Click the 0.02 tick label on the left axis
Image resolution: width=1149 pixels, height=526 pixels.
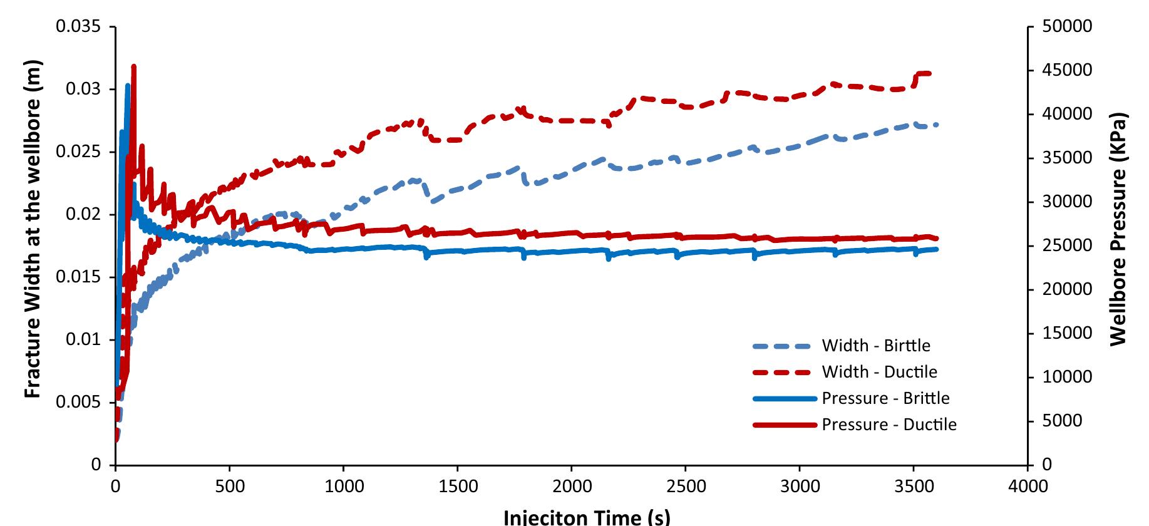coord(83,215)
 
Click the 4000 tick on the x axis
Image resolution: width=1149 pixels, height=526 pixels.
coord(1028,487)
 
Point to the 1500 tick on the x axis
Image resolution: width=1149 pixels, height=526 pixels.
coord(458,487)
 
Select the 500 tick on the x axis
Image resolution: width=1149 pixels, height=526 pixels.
coord(229,487)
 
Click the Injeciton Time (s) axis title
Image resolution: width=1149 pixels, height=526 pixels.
coord(587,517)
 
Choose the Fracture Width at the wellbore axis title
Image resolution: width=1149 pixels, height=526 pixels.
coord(33,229)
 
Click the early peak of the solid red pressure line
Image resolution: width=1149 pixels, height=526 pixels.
coord(133,66)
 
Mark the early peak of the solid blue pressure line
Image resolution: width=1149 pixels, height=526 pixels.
coord(128,85)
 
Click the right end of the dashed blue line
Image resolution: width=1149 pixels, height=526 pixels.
coord(937,125)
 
